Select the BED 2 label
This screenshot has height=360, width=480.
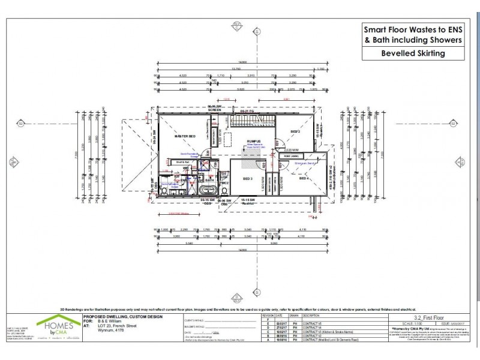pyautogui.click(x=295, y=131)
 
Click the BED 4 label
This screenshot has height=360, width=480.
pyautogui.click(x=304, y=178)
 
